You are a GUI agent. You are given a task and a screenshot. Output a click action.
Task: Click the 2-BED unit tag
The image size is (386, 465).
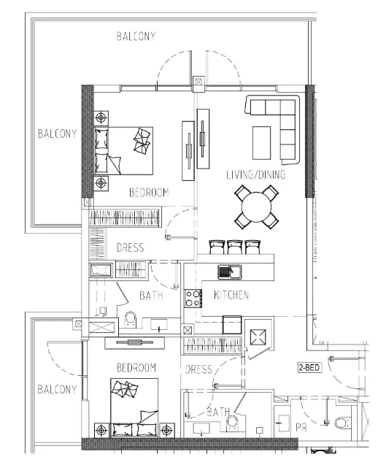coord(309,368)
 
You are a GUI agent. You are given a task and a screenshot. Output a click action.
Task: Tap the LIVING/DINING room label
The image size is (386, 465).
coord(256,174)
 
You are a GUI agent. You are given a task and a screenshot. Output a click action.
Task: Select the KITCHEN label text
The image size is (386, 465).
coord(231,295)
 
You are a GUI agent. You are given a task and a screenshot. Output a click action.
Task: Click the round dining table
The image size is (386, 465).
coord(256,207)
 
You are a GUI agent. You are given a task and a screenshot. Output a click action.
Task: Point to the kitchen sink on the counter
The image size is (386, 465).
coord(230,272)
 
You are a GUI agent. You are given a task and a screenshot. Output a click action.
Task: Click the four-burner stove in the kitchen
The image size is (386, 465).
coord(193,299)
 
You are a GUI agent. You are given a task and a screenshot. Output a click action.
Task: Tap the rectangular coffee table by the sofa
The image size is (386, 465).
coord(261,143)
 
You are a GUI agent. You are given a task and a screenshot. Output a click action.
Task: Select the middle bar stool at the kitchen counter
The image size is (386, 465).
coord(235,247)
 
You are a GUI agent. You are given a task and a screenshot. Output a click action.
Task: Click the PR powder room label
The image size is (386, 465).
coord(301,428)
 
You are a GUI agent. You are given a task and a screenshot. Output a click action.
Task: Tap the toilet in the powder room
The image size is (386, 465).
coord(342,423)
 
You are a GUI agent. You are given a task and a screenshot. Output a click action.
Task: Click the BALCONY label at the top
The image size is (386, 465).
coord(136,36)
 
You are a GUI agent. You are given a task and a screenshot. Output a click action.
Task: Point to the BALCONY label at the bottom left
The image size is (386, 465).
coord(57,389)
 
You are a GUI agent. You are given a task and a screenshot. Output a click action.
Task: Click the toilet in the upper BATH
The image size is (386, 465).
coord(130,319)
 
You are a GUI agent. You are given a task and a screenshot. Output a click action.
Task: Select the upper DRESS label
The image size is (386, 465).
coord(131,247)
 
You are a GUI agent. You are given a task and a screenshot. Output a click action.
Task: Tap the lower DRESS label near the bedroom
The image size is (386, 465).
coord(198,369)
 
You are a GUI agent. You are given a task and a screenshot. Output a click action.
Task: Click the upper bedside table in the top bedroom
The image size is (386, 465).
coord(101,118)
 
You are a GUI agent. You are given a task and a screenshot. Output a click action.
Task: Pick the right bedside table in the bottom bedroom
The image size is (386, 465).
coord(166,430)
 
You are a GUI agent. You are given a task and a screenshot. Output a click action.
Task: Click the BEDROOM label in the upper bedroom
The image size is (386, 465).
coord(149,193)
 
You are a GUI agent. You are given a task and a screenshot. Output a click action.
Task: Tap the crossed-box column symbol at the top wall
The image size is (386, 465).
coord(198,81)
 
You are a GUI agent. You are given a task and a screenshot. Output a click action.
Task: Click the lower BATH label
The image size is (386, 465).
coord(218,412)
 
